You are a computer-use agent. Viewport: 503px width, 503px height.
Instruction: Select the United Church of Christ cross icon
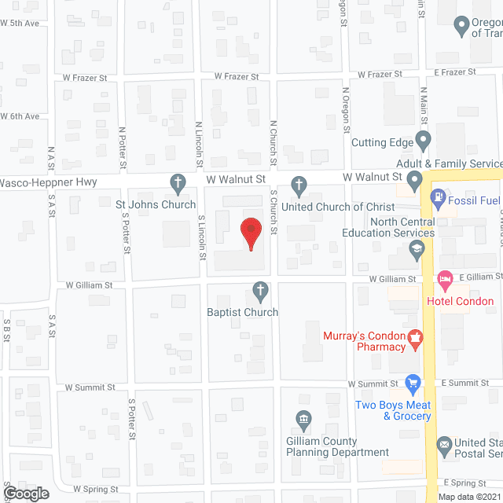[299, 186]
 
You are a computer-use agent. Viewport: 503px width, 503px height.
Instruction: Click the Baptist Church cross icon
[259, 293]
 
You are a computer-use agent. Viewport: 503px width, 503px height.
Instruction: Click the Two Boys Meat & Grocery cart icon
[413, 384]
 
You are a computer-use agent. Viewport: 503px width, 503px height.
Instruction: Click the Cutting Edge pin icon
[424, 142]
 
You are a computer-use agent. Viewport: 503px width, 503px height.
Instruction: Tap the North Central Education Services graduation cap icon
[417, 251]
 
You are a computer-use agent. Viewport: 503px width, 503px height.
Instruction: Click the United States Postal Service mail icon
[444, 444]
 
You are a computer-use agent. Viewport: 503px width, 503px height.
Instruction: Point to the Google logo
[25, 493]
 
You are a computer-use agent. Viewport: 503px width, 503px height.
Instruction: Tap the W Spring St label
[96, 489]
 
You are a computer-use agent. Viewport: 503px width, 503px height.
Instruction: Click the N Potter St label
[123, 148]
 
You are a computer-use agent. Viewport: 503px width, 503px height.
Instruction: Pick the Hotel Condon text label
[460, 301]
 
